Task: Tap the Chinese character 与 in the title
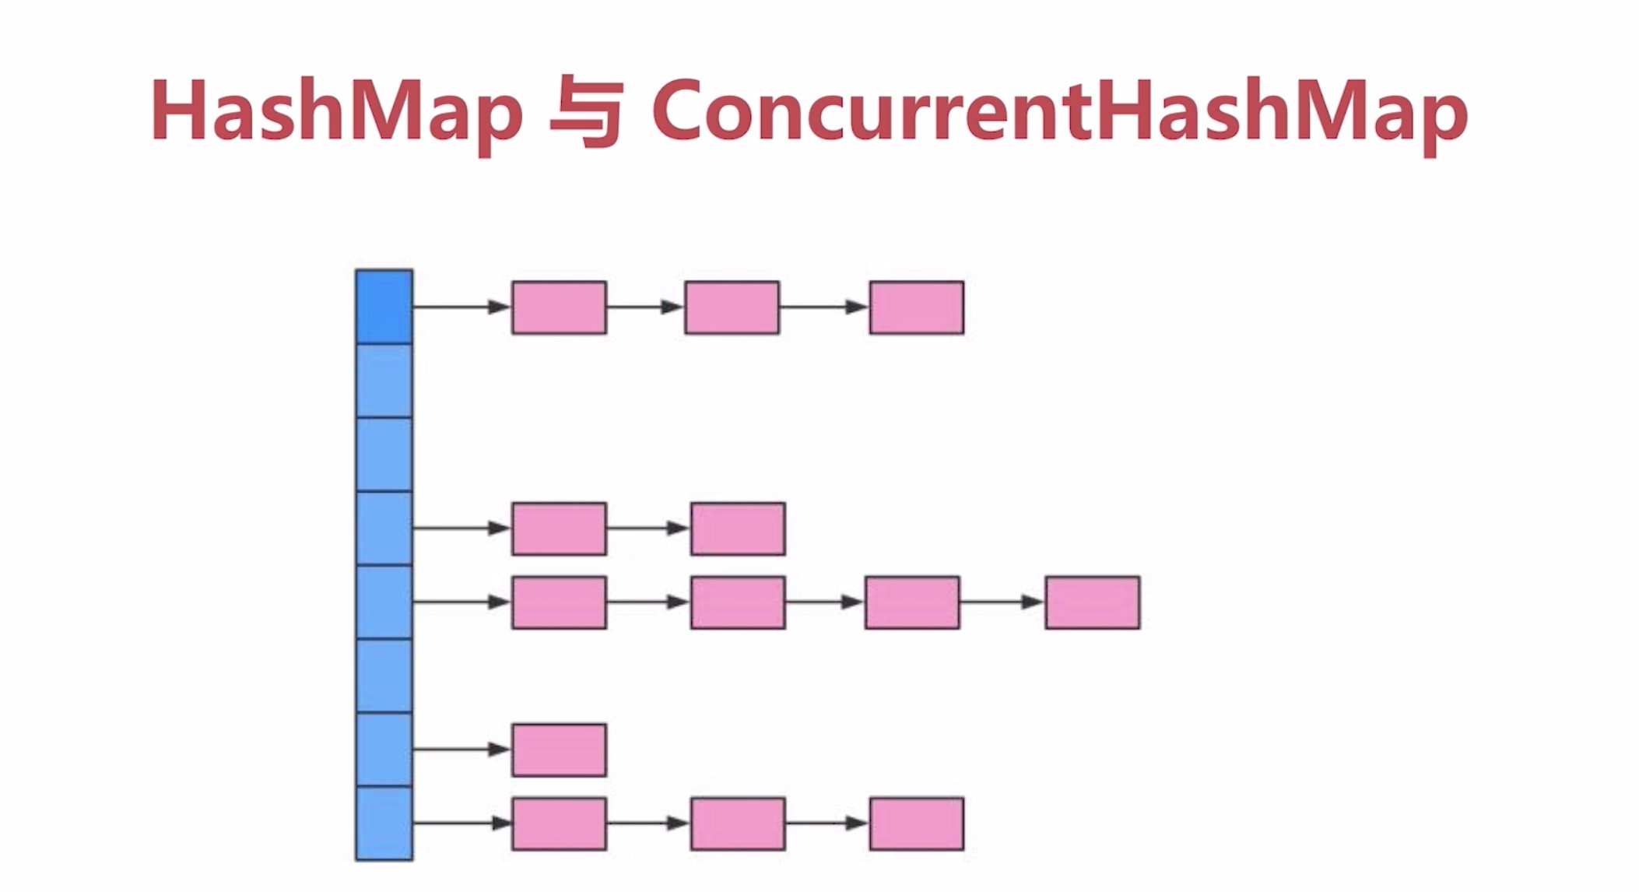586,111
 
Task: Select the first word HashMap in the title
336,111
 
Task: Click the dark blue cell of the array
384,307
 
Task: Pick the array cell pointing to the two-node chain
384,529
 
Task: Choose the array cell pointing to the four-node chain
384,602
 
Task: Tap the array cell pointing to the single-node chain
384,749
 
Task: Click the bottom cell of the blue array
384,823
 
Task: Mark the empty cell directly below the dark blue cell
384,381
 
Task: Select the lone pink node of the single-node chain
559,750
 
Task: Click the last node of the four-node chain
1092,602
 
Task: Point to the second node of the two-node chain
737,529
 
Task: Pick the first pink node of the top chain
559,307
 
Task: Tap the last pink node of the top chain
916,307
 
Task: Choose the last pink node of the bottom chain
916,824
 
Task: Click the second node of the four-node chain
737,602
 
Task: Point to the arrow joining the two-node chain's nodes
648,529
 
